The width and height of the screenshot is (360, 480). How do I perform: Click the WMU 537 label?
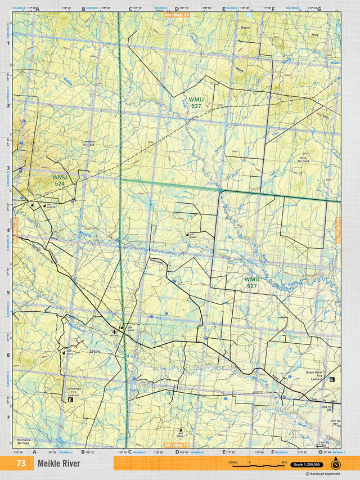(x=196, y=102)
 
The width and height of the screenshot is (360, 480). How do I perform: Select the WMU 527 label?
(x=252, y=282)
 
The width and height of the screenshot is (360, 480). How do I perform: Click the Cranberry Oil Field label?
(x=89, y=143)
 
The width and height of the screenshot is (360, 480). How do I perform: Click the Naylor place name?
(x=245, y=27)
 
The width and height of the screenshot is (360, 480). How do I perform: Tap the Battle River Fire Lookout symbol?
(x=332, y=379)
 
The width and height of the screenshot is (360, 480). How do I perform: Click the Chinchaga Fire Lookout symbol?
(x=71, y=400)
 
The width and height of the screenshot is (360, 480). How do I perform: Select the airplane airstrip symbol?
(x=115, y=331)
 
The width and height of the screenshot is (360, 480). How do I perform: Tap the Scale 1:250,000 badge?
(x=307, y=464)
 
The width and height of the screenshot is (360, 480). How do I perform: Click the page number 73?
(x=21, y=464)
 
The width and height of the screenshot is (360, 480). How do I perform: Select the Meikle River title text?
(x=59, y=464)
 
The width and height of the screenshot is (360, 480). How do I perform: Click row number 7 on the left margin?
(x=8, y=418)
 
